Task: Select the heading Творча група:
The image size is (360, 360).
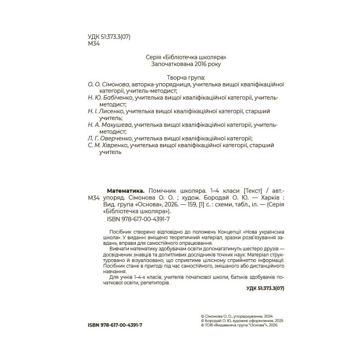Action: pos(186,77)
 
